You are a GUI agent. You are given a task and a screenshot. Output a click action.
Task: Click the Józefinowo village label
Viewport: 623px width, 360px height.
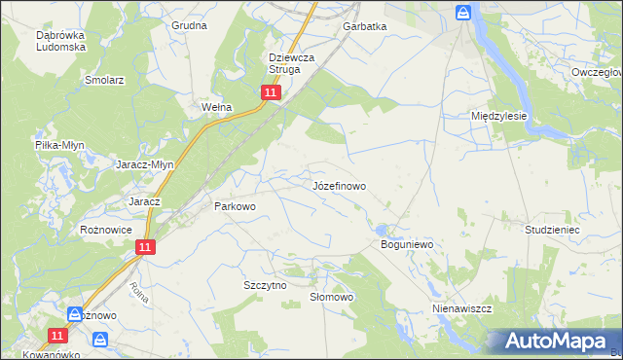[x=340, y=185]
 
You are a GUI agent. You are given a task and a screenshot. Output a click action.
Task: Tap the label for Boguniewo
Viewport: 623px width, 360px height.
[x=405, y=245]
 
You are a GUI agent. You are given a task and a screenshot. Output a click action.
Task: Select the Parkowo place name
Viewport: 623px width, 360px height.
[x=234, y=206]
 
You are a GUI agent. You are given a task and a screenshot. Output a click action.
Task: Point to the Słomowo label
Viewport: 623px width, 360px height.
[x=330, y=297]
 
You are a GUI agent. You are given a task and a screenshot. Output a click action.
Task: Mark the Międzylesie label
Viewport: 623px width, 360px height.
[x=498, y=115]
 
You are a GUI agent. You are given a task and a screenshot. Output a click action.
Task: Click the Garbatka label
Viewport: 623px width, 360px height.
[x=364, y=27]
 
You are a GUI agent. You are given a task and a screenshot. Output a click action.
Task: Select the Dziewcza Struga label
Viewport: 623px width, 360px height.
[x=291, y=63]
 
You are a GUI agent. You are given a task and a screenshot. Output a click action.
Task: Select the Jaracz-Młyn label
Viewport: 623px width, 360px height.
[x=145, y=164]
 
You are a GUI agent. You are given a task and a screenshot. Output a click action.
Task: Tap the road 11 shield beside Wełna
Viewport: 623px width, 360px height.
[x=271, y=92]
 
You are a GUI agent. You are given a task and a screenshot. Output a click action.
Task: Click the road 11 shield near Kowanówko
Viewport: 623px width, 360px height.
[x=57, y=335]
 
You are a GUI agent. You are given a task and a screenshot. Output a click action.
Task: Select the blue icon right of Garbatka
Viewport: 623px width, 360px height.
[x=463, y=13]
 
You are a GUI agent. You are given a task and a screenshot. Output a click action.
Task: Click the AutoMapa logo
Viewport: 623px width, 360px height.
[x=551, y=342]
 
